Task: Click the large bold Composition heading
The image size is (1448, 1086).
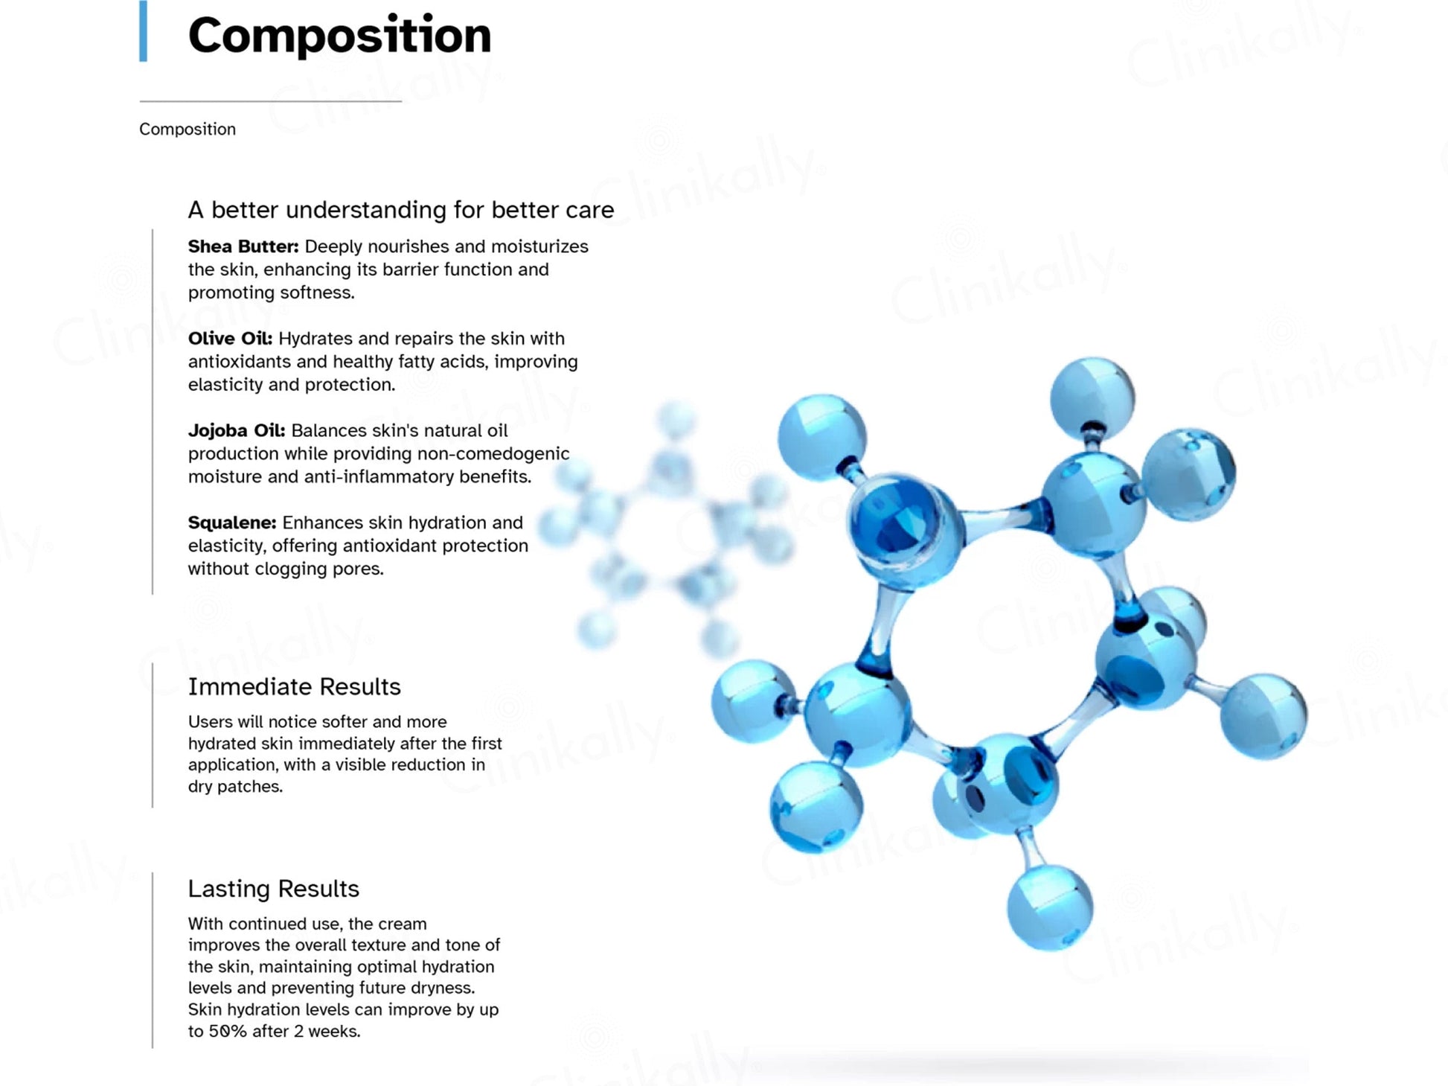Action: pyautogui.click(x=339, y=36)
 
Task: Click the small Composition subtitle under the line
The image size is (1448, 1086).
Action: pyautogui.click(x=188, y=129)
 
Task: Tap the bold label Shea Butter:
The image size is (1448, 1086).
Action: pyautogui.click(x=243, y=246)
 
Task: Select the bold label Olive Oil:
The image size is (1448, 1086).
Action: pyautogui.click(x=230, y=339)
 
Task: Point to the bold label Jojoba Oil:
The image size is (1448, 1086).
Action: pyautogui.click(x=237, y=431)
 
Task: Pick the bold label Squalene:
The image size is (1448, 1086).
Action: pyautogui.click(x=232, y=523)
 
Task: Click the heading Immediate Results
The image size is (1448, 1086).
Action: pyautogui.click(x=294, y=686)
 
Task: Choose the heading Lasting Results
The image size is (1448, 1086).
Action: pyautogui.click(x=273, y=888)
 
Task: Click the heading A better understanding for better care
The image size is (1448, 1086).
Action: pyautogui.click(x=401, y=210)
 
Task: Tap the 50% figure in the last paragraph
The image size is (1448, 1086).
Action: pyautogui.click(x=227, y=1031)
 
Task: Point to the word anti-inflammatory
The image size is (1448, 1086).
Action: pyautogui.click(x=377, y=476)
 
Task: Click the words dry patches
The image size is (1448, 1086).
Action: pyautogui.click(x=235, y=786)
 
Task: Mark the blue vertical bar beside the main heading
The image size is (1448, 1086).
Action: pyautogui.click(x=143, y=31)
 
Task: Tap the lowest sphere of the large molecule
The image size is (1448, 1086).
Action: pyautogui.click(x=1050, y=908)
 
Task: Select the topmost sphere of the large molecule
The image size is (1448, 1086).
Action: pyautogui.click(x=1092, y=397)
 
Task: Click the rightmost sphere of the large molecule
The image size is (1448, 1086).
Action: pyautogui.click(x=1263, y=716)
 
